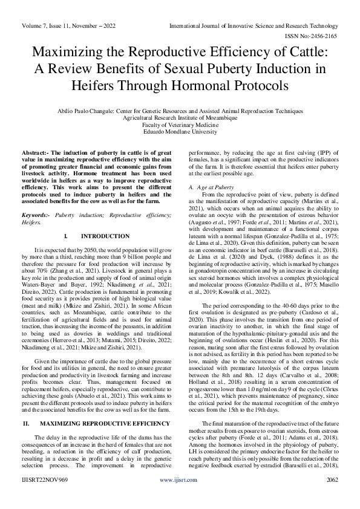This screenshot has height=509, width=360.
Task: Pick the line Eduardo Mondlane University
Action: point(179,131)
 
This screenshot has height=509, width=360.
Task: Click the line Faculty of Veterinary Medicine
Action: point(179,124)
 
